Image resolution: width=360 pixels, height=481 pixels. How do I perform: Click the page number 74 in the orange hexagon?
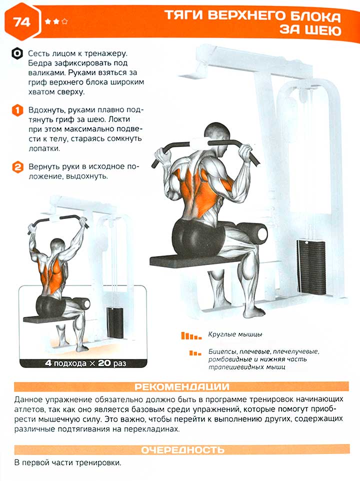point(21,22)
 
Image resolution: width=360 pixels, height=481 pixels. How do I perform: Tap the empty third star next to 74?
point(64,21)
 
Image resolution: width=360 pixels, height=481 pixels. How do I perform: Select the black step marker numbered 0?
point(17,53)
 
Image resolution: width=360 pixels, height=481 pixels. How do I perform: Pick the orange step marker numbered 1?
point(17,110)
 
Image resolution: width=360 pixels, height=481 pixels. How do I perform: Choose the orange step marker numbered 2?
point(17,167)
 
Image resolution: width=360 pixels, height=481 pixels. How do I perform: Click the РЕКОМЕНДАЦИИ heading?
point(182,386)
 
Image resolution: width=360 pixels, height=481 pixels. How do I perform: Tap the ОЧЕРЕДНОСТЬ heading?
point(183,449)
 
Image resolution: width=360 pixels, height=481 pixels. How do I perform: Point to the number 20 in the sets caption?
point(104,363)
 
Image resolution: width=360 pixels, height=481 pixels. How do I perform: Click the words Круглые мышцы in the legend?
point(235,334)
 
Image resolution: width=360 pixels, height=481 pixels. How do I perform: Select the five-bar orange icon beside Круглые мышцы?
point(191,335)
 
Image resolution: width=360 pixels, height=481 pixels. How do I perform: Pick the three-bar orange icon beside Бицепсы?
point(195,353)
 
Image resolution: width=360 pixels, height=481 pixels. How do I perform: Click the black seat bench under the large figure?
point(196,260)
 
